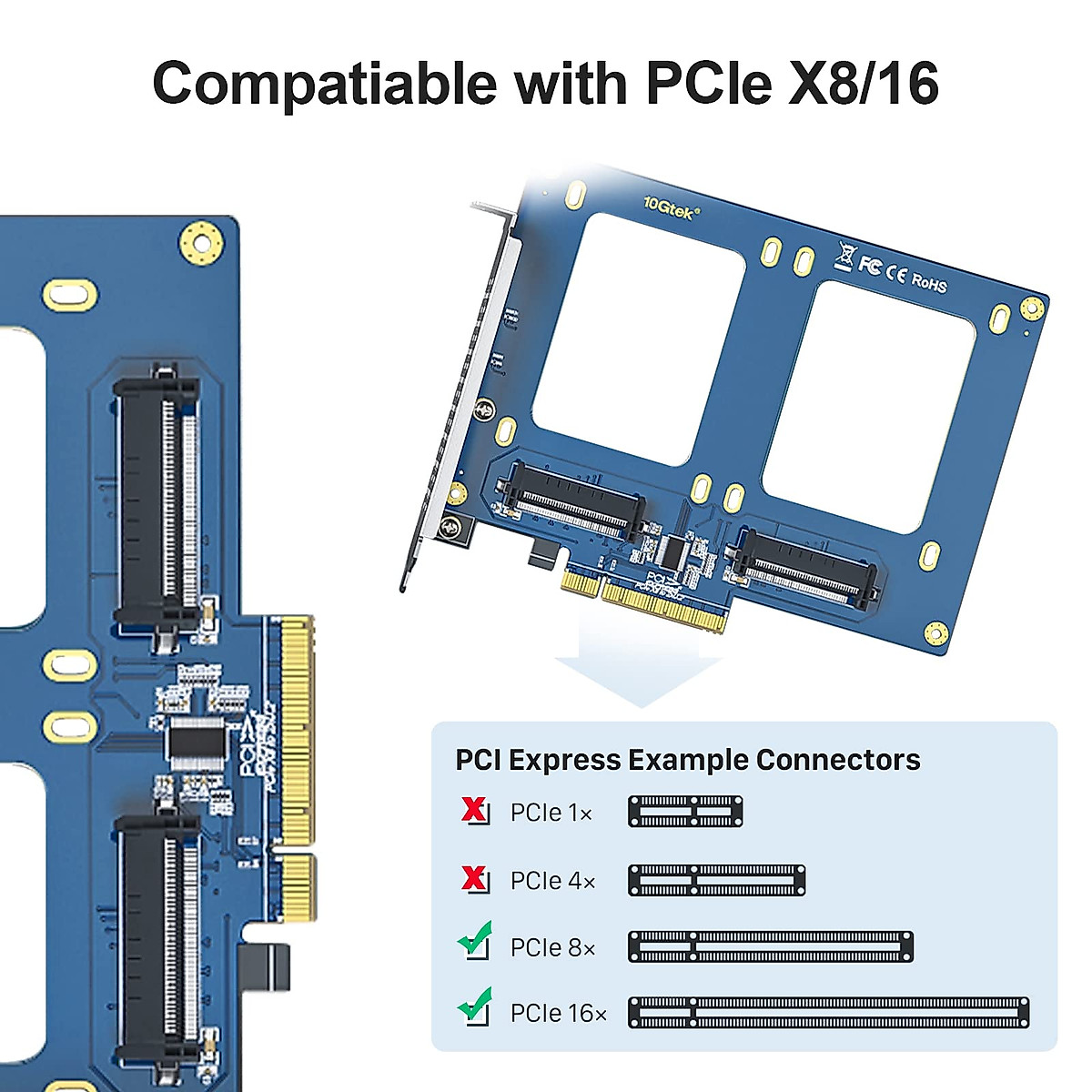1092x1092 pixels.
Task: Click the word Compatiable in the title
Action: (x=324, y=83)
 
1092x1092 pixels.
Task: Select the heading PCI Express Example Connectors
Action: (x=687, y=760)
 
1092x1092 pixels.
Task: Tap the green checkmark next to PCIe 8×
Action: (x=474, y=940)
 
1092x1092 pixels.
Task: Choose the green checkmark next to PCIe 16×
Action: (x=474, y=1006)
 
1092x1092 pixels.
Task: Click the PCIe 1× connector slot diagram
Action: (x=685, y=812)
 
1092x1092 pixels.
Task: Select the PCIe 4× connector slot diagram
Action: (x=716, y=880)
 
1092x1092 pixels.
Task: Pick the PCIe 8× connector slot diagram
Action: (x=770, y=946)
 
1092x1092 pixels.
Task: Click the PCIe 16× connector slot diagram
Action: (x=828, y=1012)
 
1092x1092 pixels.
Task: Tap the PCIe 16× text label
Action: (x=558, y=1013)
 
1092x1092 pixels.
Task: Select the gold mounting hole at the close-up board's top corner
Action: (x=201, y=241)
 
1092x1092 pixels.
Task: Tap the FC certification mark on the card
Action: (x=870, y=265)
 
